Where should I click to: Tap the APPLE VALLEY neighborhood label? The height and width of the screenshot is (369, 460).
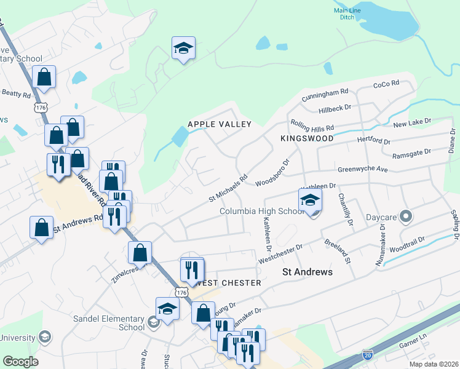pyautogui.click(x=220, y=124)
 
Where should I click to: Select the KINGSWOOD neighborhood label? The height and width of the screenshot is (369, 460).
pyautogui.click(x=307, y=139)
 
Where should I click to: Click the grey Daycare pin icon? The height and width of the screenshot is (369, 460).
pyautogui.click(x=405, y=216)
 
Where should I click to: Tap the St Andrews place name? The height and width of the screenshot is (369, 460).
pyautogui.click(x=307, y=272)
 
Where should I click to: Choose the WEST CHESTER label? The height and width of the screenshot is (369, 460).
pyautogui.click(x=228, y=283)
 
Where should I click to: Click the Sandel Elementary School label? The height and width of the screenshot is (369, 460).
pyautogui.click(x=109, y=323)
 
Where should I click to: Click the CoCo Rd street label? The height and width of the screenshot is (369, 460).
pyautogui.click(x=386, y=83)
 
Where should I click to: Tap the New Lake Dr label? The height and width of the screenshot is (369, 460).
pyautogui.click(x=413, y=124)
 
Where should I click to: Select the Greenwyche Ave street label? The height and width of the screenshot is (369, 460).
pyautogui.click(x=363, y=169)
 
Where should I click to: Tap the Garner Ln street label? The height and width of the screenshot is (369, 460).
pyautogui.click(x=412, y=345)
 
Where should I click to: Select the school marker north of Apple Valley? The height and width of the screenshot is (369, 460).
pyautogui.click(x=183, y=49)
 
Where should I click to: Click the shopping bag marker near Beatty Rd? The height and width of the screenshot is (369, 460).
pyautogui.click(x=44, y=77)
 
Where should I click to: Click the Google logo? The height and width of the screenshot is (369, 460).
pyautogui.click(x=20, y=362)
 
